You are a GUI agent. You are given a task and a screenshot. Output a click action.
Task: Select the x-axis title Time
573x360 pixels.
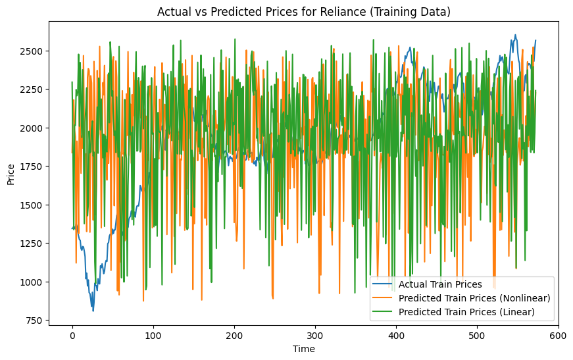303,349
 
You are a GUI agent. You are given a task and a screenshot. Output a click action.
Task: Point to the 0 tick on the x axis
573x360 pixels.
72,335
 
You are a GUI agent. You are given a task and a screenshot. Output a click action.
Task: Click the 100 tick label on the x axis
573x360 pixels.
153,335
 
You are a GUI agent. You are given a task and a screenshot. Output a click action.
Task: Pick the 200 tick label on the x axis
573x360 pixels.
234,335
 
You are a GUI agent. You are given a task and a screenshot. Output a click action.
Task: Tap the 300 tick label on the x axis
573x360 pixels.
315,335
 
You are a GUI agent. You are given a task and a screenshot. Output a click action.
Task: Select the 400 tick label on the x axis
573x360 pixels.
396,335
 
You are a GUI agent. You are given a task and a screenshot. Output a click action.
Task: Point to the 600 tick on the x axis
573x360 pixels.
558,335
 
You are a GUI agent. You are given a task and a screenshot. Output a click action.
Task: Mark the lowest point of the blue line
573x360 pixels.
93,311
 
